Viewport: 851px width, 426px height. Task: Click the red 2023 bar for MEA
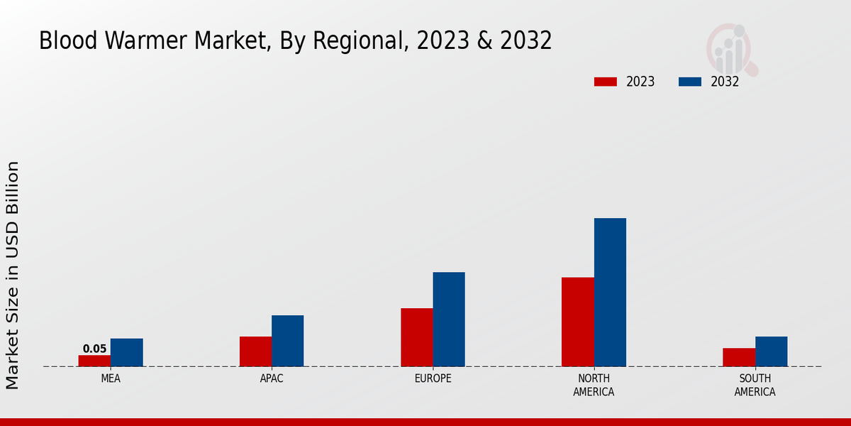tap(94, 361)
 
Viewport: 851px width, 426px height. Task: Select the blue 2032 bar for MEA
tap(126, 352)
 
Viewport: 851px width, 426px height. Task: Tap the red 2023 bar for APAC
tap(255, 351)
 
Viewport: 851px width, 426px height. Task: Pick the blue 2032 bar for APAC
tap(287, 341)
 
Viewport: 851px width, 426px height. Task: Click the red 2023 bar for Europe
tap(416, 337)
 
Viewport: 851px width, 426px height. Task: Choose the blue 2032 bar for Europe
tap(449, 319)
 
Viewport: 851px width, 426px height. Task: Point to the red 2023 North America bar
tap(577, 322)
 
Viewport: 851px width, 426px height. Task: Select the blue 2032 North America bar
tap(610, 293)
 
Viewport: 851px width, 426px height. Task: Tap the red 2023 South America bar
tap(739, 357)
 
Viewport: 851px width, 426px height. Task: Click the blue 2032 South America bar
tap(771, 351)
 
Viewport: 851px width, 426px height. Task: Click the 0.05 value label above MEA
tap(94, 349)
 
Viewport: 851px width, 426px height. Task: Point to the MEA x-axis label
tap(111, 378)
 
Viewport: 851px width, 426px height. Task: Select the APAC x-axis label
tap(272, 378)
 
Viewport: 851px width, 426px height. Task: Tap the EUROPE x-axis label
tap(433, 378)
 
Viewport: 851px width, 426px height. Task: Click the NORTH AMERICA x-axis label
tap(594, 385)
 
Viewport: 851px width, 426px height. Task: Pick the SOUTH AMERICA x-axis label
tap(755, 385)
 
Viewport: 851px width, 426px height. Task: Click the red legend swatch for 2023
tap(606, 82)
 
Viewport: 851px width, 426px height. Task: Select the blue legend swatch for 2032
tap(690, 82)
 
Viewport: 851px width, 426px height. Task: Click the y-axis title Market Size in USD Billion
tap(13, 275)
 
